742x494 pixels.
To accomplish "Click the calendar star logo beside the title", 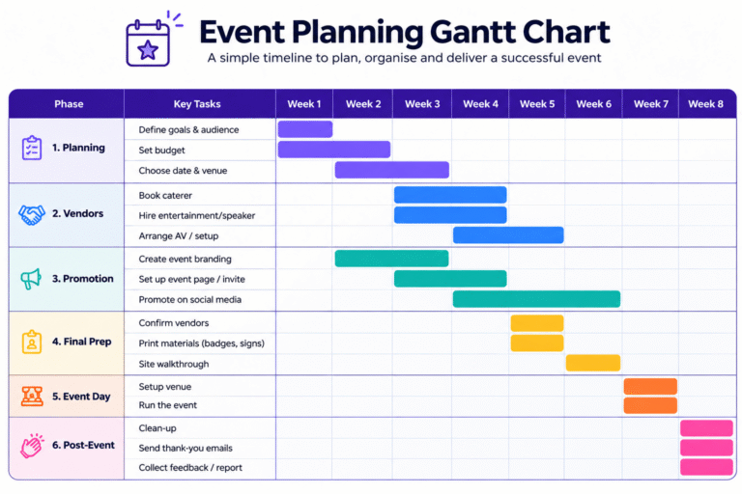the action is [x=148, y=42].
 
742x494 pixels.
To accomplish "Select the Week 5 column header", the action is [x=537, y=104].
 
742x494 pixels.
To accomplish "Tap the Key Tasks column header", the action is [x=197, y=104].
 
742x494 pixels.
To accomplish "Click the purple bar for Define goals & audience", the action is [x=305, y=129].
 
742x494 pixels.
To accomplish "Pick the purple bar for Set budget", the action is [x=334, y=150].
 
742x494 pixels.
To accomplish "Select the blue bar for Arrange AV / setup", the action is [x=508, y=235].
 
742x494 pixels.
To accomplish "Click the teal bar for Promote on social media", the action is [x=536, y=299].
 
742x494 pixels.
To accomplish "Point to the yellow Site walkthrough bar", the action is [x=593, y=363].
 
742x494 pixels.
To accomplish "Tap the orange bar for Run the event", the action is [x=650, y=405].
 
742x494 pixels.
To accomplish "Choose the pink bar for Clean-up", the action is [x=706, y=427].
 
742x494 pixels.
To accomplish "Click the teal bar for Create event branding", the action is [x=392, y=259].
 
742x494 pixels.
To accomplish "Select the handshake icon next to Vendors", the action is [x=32, y=214].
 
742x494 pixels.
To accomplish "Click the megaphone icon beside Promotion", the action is [x=31, y=279].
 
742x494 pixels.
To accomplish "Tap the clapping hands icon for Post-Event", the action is [x=32, y=446].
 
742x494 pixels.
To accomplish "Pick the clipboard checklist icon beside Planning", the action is [x=32, y=148].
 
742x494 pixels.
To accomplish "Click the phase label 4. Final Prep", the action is [x=82, y=342].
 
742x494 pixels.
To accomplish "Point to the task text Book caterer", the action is [x=165, y=195].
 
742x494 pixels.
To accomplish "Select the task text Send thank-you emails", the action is [x=185, y=448].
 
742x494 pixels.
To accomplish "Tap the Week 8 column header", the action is [x=705, y=104].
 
